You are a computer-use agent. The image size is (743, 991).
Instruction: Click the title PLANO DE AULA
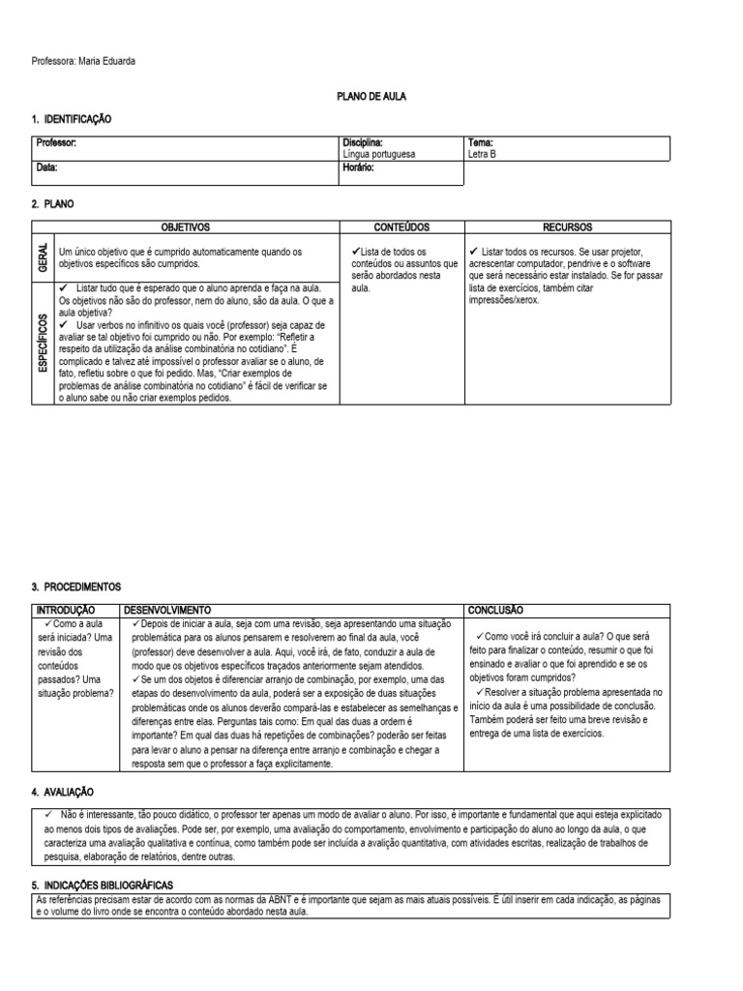(x=371, y=97)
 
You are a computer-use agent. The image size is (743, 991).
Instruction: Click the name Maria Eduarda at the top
(x=106, y=62)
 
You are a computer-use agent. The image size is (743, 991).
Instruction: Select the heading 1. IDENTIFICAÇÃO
(x=72, y=119)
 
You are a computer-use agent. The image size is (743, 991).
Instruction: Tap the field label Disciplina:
(x=363, y=142)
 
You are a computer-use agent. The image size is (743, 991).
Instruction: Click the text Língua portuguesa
(x=379, y=154)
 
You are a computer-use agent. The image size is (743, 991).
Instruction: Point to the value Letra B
(x=482, y=154)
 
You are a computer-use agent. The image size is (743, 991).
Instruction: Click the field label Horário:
(x=358, y=167)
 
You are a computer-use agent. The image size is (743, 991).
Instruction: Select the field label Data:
(x=46, y=167)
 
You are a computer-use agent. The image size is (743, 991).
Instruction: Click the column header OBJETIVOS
(x=185, y=226)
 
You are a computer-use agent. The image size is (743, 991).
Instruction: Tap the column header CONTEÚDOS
(x=401, y=226)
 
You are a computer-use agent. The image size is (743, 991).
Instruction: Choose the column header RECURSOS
(x=568, y=226)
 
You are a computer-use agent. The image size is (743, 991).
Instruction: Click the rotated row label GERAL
(x=43, y=257)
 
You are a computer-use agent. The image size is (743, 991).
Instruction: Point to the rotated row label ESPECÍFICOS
(x=43, y=342)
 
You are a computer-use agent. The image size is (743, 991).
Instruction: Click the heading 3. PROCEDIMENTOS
(x=76, y=586)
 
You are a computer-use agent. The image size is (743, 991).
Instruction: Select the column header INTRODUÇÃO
(x=66, y=611)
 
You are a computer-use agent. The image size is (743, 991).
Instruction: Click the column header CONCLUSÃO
(x=496, y=611)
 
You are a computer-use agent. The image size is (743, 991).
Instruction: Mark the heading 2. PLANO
(x=52, y=204)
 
